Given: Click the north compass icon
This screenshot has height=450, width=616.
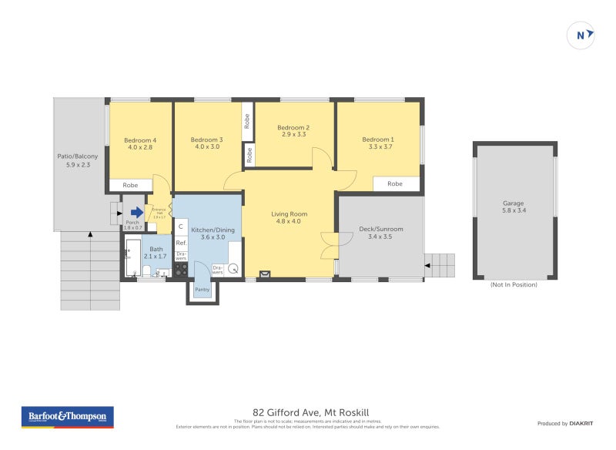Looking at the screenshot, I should tap(581, 35).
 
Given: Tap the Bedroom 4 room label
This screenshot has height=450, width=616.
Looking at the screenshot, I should tap(139, 140).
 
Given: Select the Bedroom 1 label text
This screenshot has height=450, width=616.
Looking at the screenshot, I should tap(377, 139).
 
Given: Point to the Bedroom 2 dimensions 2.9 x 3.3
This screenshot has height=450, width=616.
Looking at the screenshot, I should tap(293, 134).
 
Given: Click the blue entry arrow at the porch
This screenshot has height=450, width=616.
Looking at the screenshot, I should tap(136, 213).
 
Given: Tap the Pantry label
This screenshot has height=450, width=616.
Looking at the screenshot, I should tap(202, 290).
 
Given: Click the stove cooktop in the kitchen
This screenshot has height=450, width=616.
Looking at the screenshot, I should tap(181, 269).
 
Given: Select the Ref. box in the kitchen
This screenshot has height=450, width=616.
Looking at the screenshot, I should tap(181, 242).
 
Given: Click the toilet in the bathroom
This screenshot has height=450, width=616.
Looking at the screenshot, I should tap(146, 270).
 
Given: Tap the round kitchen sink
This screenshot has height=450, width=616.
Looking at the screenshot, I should tap(233, 270).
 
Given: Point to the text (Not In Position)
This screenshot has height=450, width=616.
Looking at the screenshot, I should tap(514, 284).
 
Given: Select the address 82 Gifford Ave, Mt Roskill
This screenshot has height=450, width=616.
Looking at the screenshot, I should tap(305, 412).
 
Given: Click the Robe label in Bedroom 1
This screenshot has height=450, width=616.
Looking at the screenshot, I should tap(395, 184).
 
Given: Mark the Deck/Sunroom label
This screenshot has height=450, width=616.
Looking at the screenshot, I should tap(381, 229).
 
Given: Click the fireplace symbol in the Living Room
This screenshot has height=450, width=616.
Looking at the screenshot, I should tap(266, 272).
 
